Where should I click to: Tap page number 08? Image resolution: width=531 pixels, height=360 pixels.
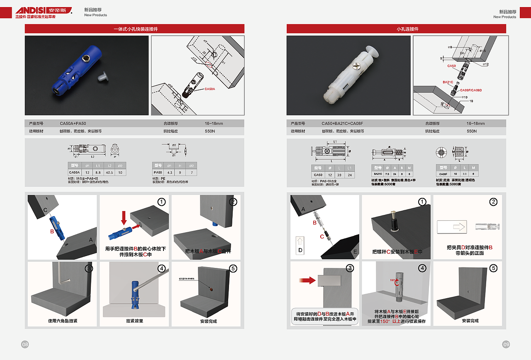[x=25, y=344]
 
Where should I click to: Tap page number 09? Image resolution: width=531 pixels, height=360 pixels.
[x=506, y=344]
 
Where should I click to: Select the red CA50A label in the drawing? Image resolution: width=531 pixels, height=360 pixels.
[x=209, y=89]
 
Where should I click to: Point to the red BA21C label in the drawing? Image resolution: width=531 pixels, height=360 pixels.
[x=448, y=82]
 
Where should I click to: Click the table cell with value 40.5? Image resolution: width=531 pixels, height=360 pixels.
[x=110, y=172]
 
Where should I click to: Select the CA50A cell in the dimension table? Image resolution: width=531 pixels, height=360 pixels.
[x=74, y=172]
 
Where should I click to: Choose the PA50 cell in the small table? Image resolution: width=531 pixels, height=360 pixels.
[x=157, y=172]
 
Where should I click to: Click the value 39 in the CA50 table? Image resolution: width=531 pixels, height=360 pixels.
[x=339, y=175]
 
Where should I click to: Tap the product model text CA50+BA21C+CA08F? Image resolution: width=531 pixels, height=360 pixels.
[x=342, y=124]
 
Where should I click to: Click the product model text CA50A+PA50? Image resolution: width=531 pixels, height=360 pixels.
[x=73, y=124]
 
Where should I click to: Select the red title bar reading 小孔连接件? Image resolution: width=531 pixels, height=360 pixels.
[x=396, y=29]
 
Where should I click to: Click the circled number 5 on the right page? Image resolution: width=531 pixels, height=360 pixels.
[x=493, y=268]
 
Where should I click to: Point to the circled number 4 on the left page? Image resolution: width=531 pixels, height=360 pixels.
[x=162, y=268]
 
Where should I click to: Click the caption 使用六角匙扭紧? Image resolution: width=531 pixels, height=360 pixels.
[x=63, y=321]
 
